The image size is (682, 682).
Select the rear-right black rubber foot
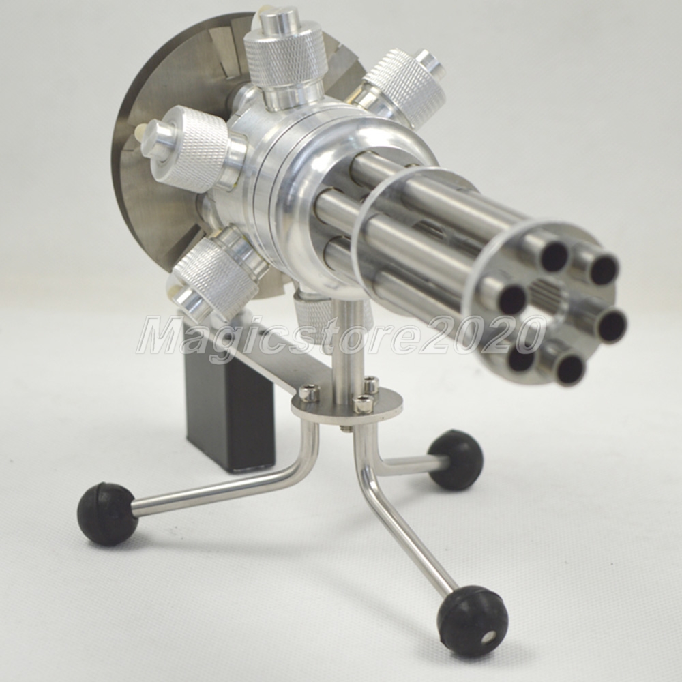pos(456,460)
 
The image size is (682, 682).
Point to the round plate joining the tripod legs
pos(346,405)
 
